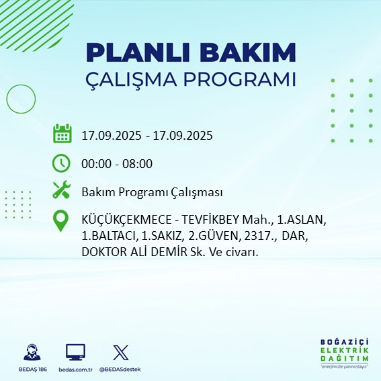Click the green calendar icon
62,134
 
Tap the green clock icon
62,163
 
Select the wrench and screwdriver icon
62,191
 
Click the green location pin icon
62,221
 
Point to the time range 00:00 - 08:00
117,163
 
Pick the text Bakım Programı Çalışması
152,192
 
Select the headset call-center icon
31,352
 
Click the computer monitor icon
75,352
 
